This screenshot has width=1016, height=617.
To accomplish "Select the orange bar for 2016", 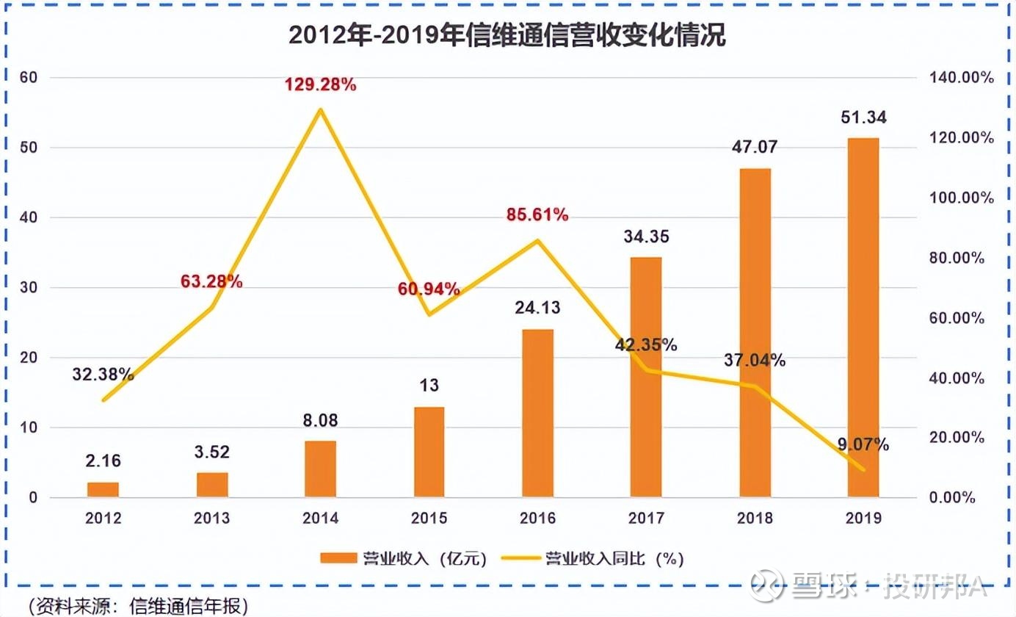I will [x=538, y=413].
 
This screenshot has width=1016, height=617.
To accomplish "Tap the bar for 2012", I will [x=103, y=489].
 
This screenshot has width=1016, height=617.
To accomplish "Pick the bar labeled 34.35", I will [x=646, y=377].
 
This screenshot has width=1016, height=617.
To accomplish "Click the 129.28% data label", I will [x=321, y=85].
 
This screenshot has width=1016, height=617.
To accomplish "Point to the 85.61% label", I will [x=537, y=215].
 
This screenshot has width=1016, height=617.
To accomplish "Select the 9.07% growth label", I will [x=864, y=444].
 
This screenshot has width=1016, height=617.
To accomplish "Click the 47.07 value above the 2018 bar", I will [x=755, y=147].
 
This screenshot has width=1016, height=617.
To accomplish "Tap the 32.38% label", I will [x=103, y=375].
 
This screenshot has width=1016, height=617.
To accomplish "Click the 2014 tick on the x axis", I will [x=321, y=518].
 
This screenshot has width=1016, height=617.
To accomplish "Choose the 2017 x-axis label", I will [x=646, y=518].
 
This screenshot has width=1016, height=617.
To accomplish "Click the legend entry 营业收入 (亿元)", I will [x=404, y=558].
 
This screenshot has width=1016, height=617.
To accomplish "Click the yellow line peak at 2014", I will [x=321, y=110].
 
